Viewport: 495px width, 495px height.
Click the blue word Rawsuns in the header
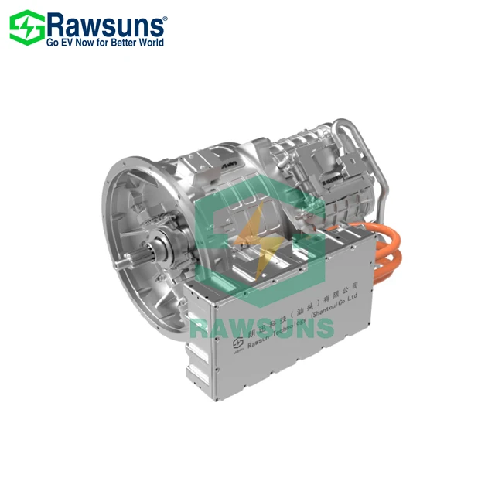(x=106, y=24)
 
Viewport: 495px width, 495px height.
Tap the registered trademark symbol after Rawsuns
(x=163, y=15)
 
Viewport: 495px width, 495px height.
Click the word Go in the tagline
(x=53, y=43)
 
